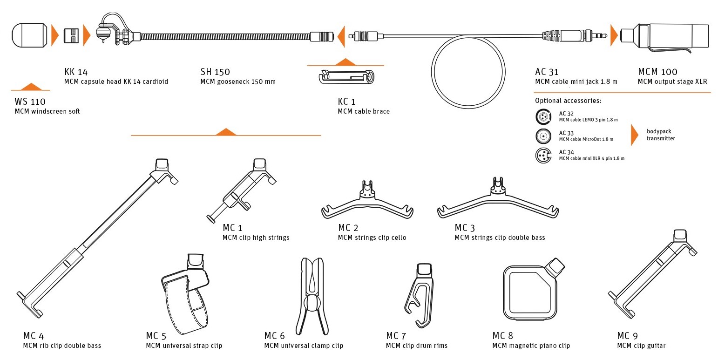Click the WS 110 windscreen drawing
coord(29,35)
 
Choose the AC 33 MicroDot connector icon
coord(542,136)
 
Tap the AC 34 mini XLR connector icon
coord(542,155)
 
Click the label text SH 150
coord(215,72)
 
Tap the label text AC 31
coord(547,72)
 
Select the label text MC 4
coord(34,336)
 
